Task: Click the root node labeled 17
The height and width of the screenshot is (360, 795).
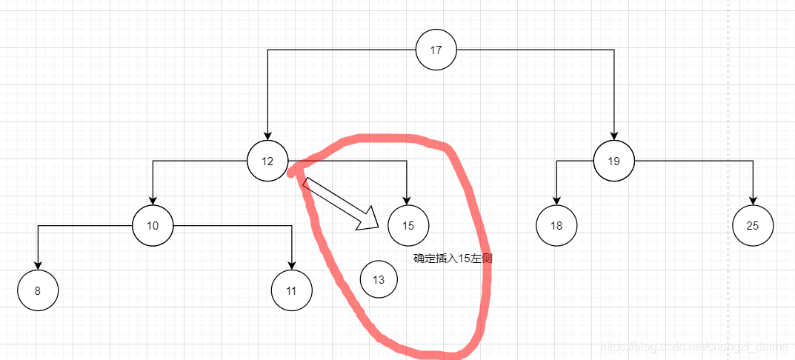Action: [x=436, y=50]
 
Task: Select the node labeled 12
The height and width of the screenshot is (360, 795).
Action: [x=267, y=161]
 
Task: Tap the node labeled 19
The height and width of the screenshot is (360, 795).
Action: [x=613, y=161]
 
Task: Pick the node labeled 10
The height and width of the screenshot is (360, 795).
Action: [x=153, y=225]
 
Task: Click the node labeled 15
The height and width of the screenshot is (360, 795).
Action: [x=408, y=225]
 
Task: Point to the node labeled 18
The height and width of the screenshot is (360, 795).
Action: [x=556, y=225]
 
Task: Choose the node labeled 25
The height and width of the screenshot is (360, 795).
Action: [x=753, y=226]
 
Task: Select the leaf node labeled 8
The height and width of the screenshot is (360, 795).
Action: [x=38, y=290]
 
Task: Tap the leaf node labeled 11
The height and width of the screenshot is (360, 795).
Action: [x=291, y=290]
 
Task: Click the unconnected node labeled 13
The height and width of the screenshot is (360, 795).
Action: [x=379, y=279]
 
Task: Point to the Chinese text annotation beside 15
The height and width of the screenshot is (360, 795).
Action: [x=453, y=259]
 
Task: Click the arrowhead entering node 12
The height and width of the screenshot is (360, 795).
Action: [x=267, y=136]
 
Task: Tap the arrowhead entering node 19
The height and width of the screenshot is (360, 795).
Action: [x=613, y=136]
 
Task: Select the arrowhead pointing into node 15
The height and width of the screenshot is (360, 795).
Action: [x=407, y=200]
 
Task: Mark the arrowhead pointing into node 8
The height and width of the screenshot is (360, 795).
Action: [x=38, y=265]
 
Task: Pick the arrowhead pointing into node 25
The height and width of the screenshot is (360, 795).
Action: [x=753, y=200]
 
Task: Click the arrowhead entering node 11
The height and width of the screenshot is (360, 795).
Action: [x=291, y=265]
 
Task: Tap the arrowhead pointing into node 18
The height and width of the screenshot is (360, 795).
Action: [x=556, y=200]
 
